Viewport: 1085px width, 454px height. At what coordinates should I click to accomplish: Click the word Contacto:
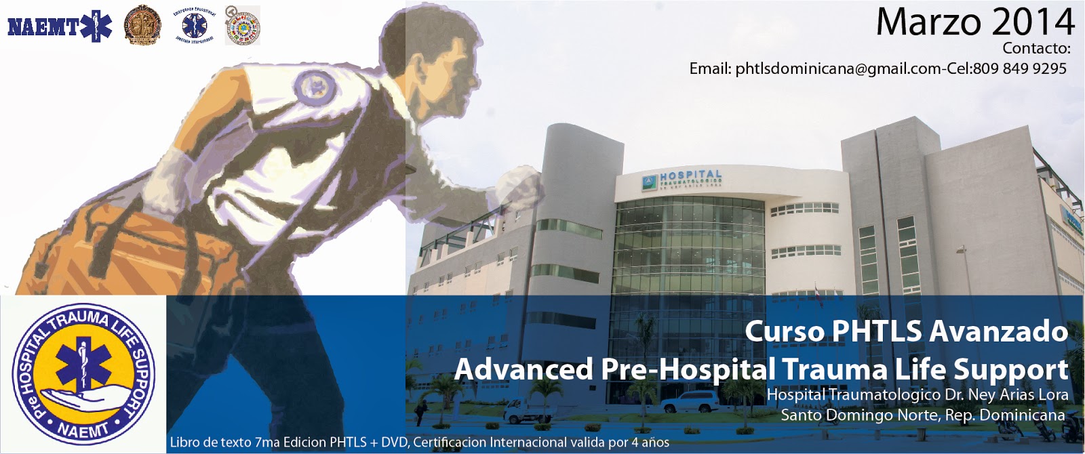(1036, 48)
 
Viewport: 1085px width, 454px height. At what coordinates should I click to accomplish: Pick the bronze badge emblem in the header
(142, 25)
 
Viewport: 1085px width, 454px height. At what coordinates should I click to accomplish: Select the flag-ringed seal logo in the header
(243, 26)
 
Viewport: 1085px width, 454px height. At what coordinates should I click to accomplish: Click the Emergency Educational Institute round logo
(194, 26)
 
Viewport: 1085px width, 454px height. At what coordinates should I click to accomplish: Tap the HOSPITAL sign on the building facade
(690, 175)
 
